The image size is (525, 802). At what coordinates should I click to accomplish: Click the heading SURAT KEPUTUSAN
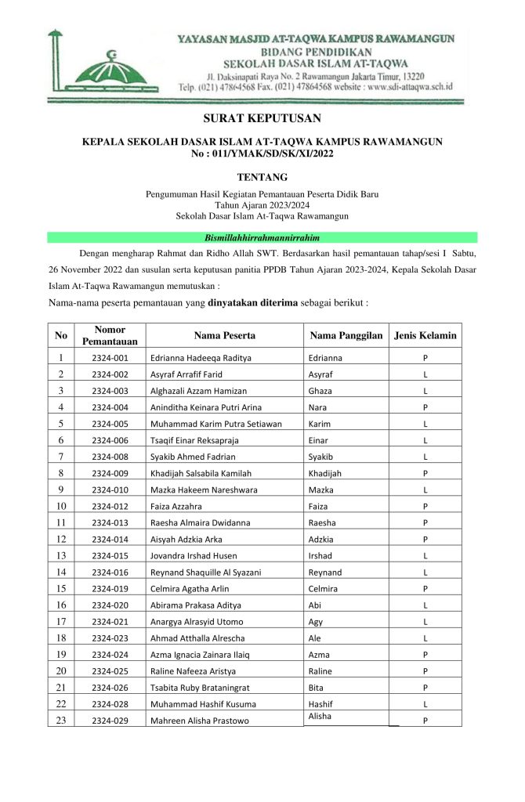(x=262, y=119)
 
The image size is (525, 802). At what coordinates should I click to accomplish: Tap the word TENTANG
(x=262, y=178)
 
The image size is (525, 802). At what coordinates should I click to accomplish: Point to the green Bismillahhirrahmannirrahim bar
(x=262, y=237)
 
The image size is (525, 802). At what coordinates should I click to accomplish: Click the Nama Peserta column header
(x=224, y=336)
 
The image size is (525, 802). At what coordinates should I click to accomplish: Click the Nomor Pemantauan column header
(x=110, y=336)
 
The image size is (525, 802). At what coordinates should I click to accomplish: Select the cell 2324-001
(x=110, y=358)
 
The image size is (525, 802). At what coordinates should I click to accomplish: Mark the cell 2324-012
(x=110, y=506)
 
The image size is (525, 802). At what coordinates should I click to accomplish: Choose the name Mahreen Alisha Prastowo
(x=200, y=721)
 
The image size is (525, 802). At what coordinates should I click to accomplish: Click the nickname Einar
(x=320, y=440)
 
